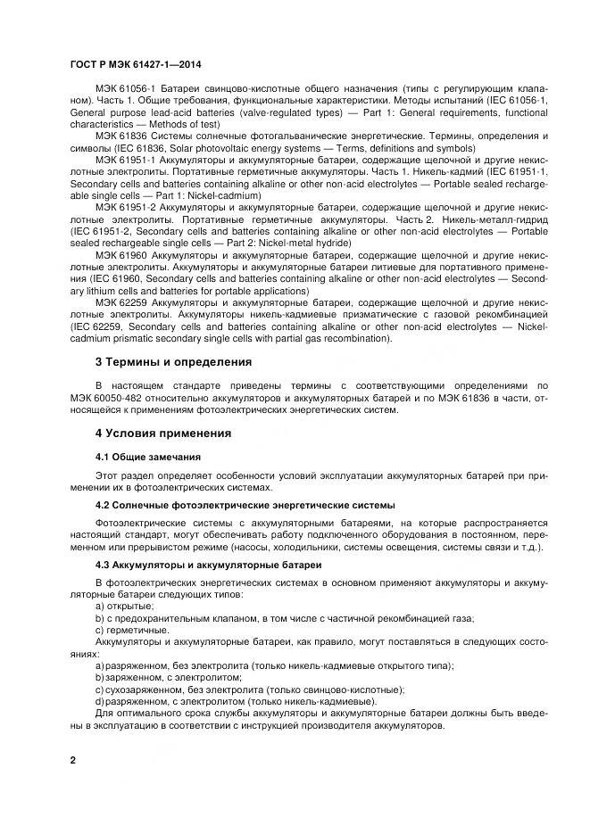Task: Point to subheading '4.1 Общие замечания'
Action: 142,457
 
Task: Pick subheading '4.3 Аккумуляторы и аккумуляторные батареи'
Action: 203,565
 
